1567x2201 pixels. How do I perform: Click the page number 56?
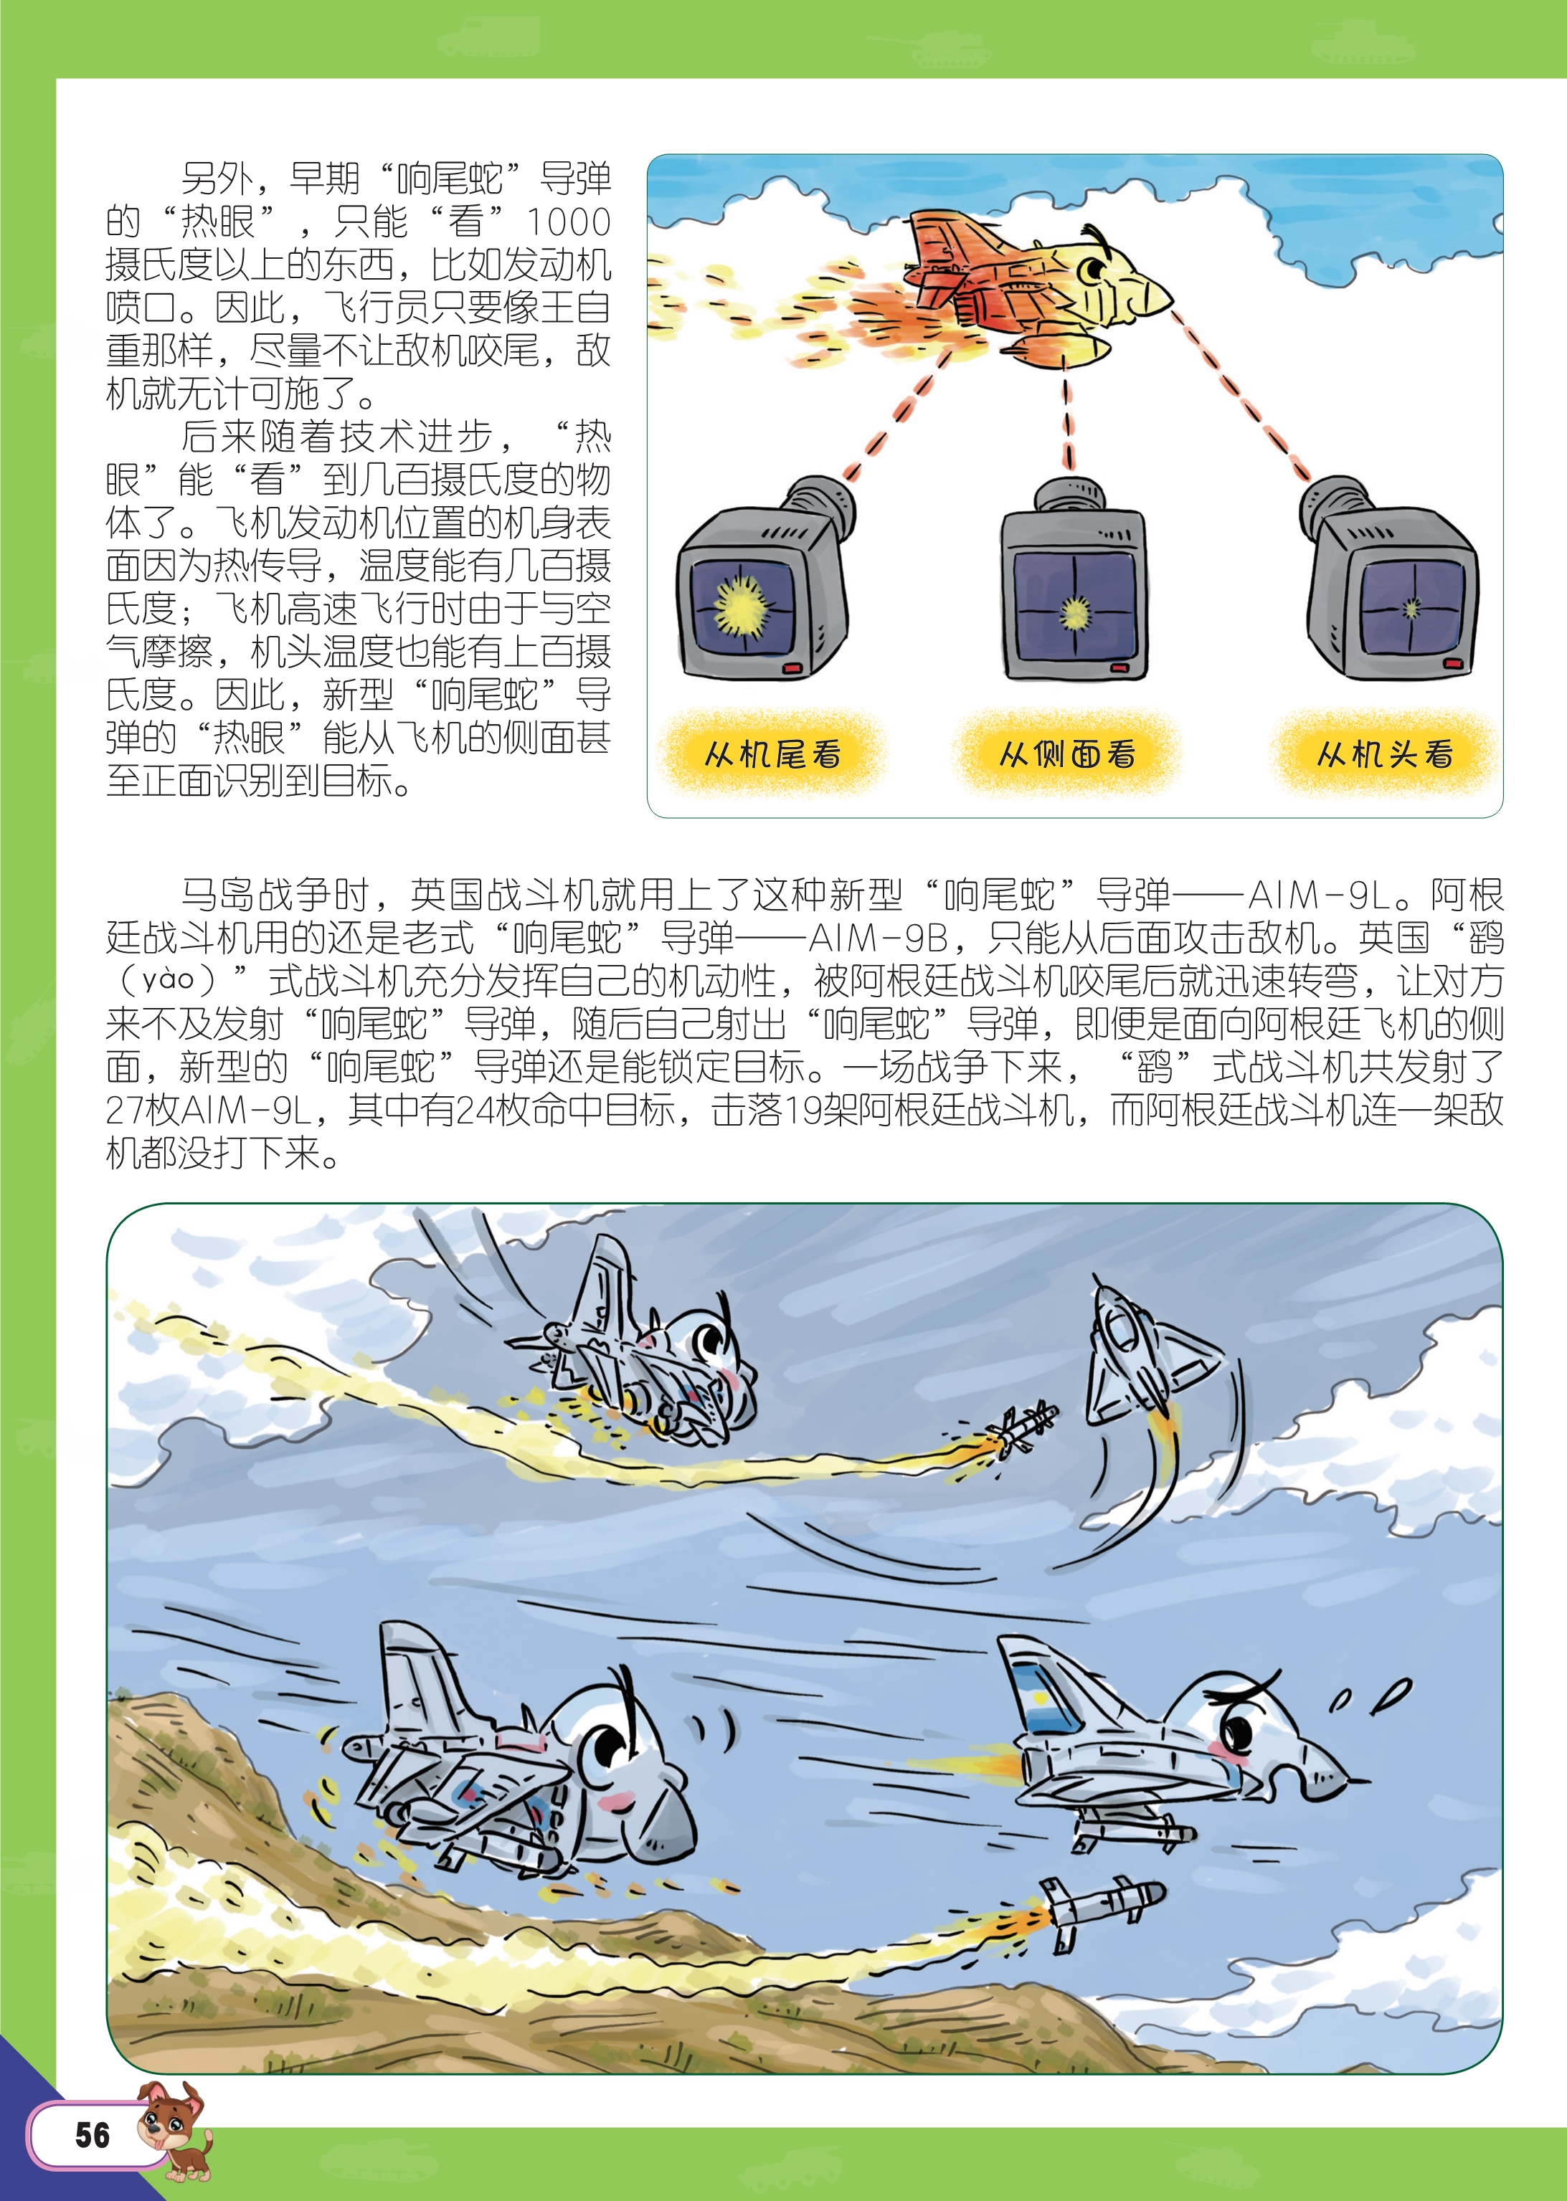[93, 2134]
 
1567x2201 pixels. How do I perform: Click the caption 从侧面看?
[1067, 754]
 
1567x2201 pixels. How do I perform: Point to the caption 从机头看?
[1385, 754]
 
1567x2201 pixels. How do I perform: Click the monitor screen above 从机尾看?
[743, 605]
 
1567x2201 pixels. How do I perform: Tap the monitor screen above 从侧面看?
[1074, 608]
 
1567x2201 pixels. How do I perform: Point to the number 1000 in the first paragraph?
[568, 222]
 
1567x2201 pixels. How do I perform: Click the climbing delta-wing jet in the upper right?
[1143, 1350]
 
